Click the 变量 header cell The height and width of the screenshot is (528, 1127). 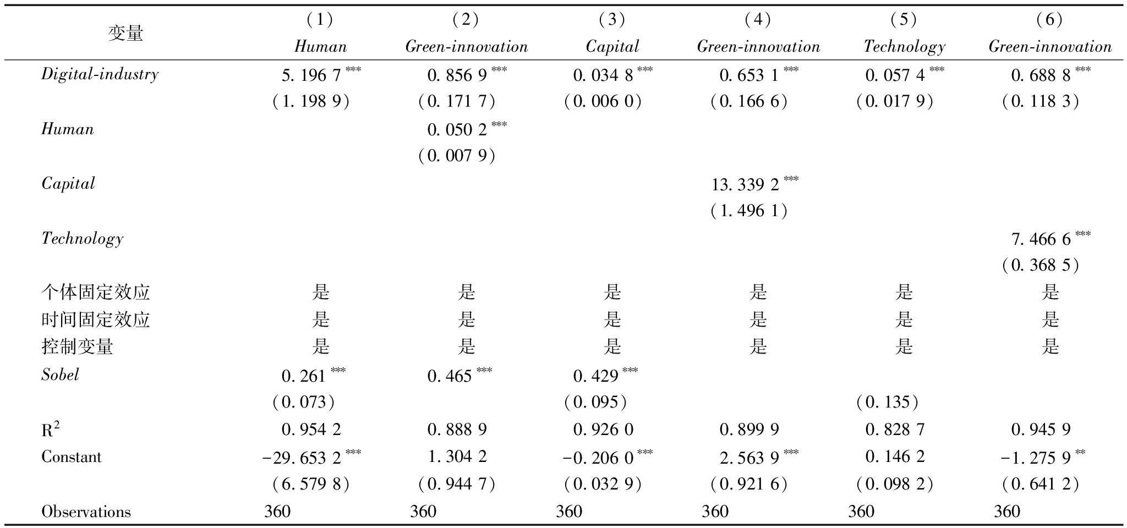tap(125, 34)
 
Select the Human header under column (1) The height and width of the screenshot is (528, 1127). tap(320, 47)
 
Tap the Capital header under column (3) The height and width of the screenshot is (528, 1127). tap(612, 47)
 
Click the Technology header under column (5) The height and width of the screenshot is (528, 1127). tap(904, 47)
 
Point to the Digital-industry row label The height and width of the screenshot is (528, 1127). tap(100, 74)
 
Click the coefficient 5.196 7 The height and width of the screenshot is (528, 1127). tap(311, 75)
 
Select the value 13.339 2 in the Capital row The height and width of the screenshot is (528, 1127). tap(745, 185)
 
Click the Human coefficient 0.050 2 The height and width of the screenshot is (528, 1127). tap(457, 130)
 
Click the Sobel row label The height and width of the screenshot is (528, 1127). tap(60, 375)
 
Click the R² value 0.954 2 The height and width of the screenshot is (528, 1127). tap(311, 430)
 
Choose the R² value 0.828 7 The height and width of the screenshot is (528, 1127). tap(895, 430)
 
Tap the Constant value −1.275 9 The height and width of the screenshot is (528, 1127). tap(1041, 458)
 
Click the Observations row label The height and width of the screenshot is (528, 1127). tap(86, 512)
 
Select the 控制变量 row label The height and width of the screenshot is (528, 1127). tap(77, 346)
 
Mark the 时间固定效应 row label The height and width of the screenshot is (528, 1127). tap(95, 320)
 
